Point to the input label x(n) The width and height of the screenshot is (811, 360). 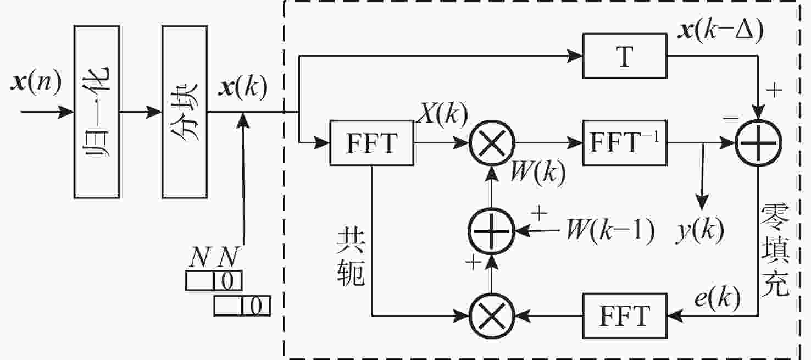[x=36, y=82]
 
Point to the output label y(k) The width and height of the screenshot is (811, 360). [x=700, y=231]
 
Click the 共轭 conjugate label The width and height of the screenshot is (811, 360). [x=351, y=258]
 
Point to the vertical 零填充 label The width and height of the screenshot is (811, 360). [x=775, y=250]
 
